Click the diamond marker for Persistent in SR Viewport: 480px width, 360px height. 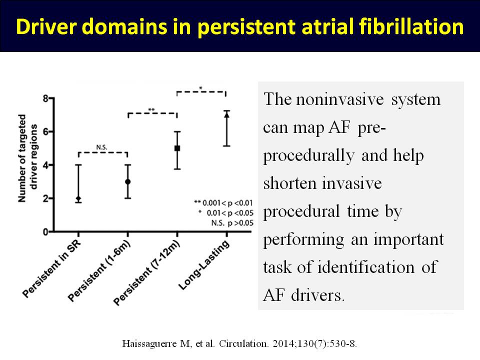tap(78, 198)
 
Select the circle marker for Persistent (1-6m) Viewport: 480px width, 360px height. tap(128, 182)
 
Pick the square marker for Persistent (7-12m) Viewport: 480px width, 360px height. tap(177, 148)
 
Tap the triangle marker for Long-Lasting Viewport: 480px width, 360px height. tap(227, 115)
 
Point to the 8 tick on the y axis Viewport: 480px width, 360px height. tap(51, 98)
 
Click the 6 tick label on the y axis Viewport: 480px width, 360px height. tap(45, 132)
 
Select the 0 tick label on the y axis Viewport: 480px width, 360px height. tap(45, 232)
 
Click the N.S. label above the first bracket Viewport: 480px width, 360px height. tap(101, 147)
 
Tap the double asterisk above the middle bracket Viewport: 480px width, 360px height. tap(151, 109)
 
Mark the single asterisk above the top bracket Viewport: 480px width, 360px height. tap(201, 88)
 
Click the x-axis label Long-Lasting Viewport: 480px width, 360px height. tap(204, 265)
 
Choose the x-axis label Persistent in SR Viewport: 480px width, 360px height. tap(51, 269)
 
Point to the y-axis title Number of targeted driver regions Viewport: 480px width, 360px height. tap(27, 158)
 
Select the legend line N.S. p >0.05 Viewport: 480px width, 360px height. tap(232, 223)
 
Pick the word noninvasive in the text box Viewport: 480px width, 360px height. tap(340, 99)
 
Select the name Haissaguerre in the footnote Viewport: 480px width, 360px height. tap(149, 344)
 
